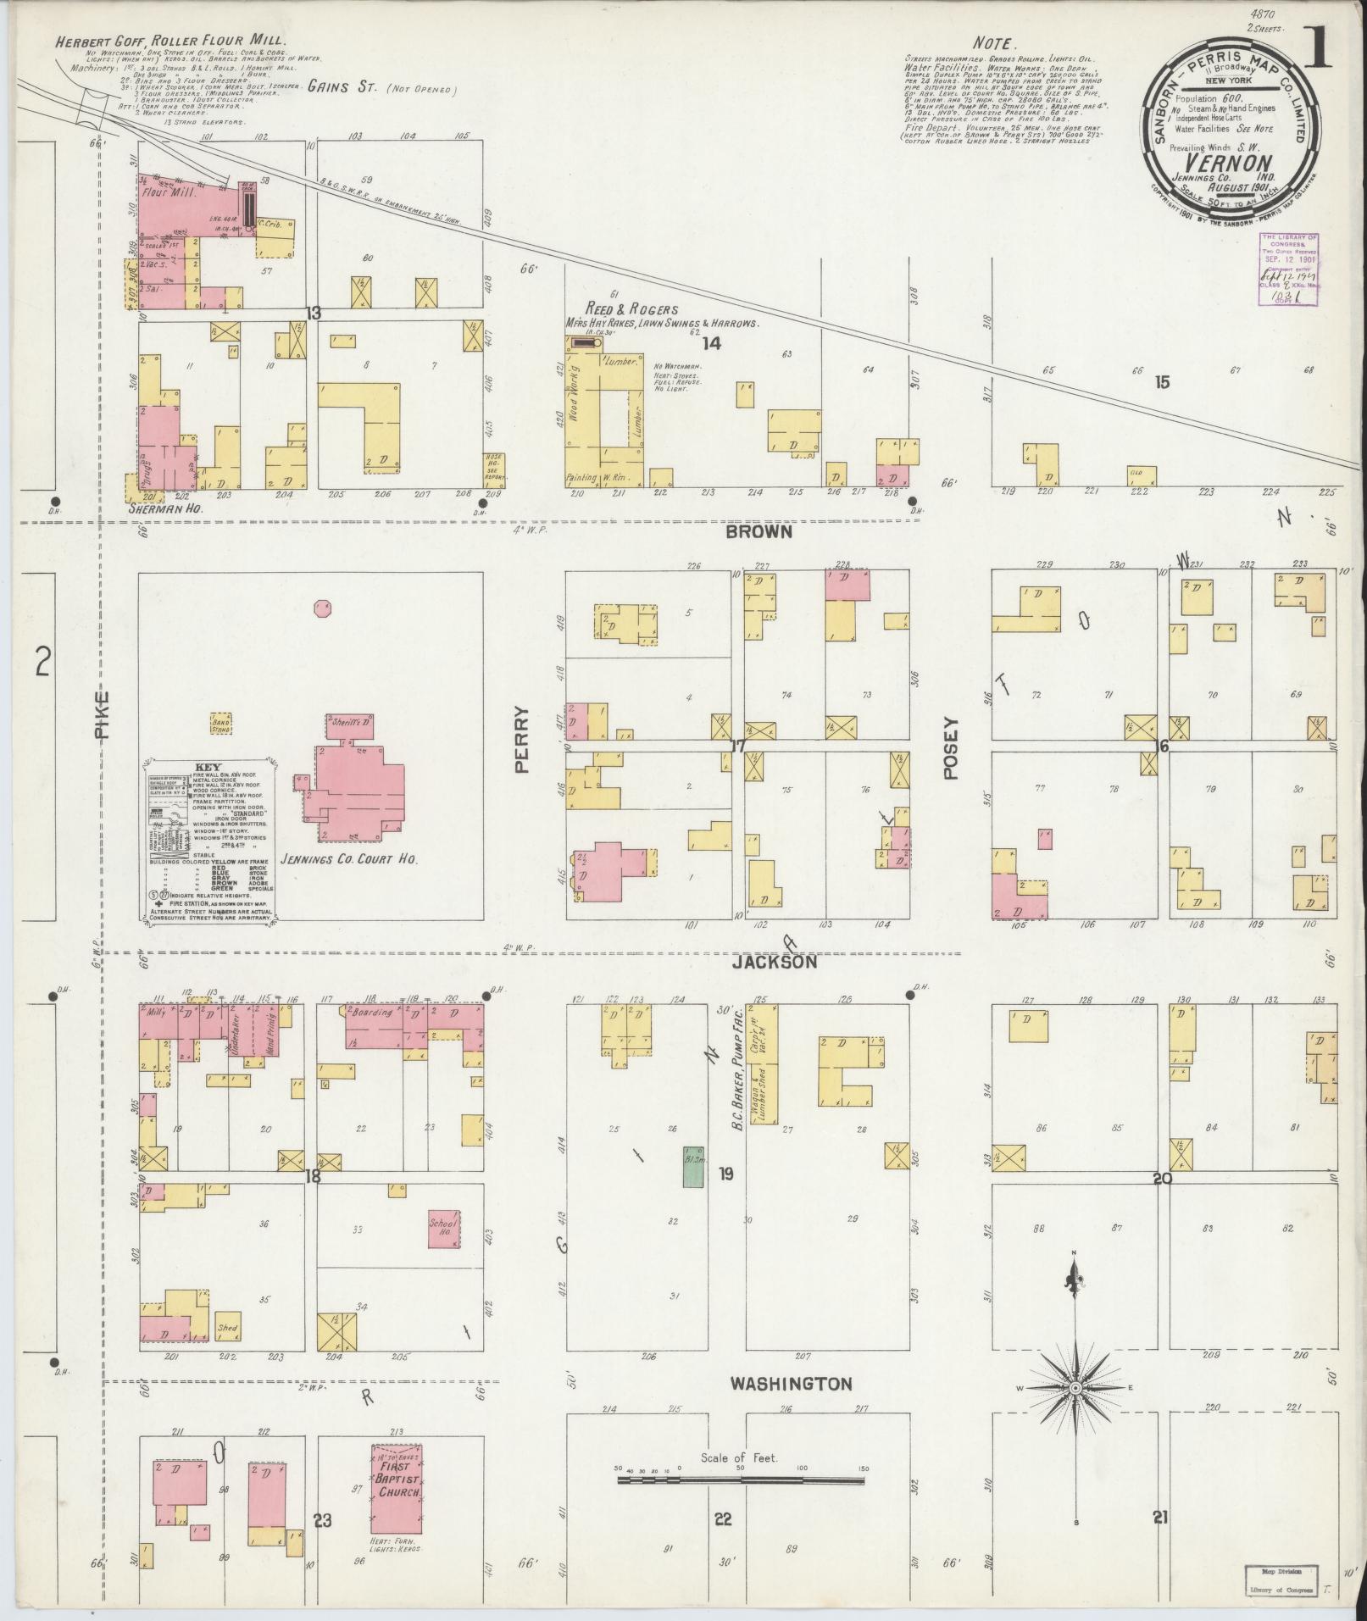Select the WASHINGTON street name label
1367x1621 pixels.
pos(792,1384)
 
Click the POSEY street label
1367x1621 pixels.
pos(950,748)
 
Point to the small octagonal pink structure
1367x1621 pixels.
pos(322,608)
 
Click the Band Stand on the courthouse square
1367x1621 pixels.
pos(221,723)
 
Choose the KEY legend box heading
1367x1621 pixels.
pos(207,767)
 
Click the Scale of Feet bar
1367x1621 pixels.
pos(740,1480)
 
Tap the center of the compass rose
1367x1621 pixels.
pos(1075,1388)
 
